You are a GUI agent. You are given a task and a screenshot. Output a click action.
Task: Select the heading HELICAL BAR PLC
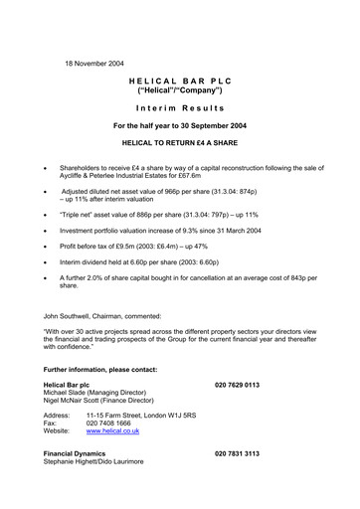coord(179,88)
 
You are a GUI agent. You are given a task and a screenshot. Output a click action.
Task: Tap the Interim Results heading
coord(179,107)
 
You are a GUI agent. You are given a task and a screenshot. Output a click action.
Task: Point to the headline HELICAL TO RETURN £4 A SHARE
coord(179,143)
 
